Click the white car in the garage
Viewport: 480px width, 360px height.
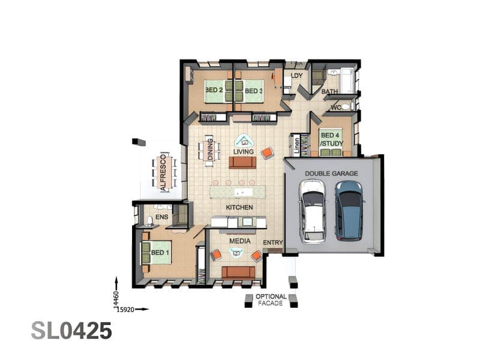pyautogui.click(x=313, y=212)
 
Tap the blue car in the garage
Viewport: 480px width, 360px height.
pyautogui.click(x=349, y=211)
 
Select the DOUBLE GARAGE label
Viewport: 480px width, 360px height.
pyautogui.click(x=331, y=173)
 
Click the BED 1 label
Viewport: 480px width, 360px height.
pyautogui.click(x=160, y=253)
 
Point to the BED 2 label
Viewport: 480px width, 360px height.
pyautogui.click(x=214, y=90)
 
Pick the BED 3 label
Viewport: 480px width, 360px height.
pyautogui.click(x=253, y=91)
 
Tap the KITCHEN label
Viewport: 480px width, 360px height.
pyautogui.click(x=239, y=208)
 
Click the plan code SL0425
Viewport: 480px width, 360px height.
pyautogui.click(x=71, y=331)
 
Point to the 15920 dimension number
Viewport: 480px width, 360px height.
pyautogui.click(x=126, y=310)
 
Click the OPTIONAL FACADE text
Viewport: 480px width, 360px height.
pyautogui.click(x=271, y=300)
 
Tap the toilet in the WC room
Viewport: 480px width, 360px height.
pyautogui.click(x=346, y=107)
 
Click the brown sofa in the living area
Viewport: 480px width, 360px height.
pyautogui.click(x=242, y=163)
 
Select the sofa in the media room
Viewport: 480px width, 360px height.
pyautogui.click(x=238, y=272)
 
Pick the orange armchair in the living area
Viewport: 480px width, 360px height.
pyautogui.click(x=267, y=153)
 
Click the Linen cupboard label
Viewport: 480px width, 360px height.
pyautogui.click(x=296, y=145)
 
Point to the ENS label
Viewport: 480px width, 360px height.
pyautogui.click(x=161, y=217)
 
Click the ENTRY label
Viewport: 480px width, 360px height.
pyautogui.click(x=273, y=242)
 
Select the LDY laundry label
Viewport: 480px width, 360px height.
pyautogui.click(x=296, y=76)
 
